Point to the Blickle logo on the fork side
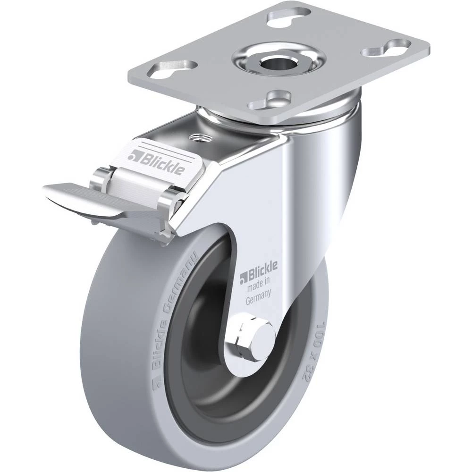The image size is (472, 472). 258,271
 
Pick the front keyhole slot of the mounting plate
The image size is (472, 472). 270,100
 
